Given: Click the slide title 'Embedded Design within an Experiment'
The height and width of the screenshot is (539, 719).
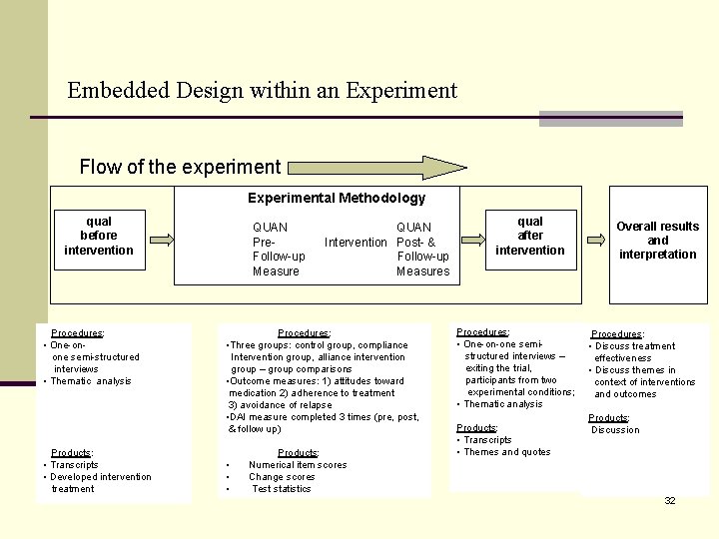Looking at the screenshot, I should pos(262,91).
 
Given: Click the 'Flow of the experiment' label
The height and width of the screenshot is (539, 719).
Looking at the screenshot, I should pos(180,167).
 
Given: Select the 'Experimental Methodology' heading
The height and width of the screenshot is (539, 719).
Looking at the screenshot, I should pos(337,198).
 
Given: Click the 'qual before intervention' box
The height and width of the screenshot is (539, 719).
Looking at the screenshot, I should pos(99,237).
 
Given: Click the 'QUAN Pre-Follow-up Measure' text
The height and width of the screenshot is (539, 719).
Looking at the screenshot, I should pos(279,250).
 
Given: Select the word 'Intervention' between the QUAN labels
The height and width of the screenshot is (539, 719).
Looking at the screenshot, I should pos(356,243).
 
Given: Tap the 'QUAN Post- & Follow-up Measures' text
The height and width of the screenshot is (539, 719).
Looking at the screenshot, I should pos(423,250).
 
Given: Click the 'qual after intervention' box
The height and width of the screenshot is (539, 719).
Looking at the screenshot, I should pos(530,237).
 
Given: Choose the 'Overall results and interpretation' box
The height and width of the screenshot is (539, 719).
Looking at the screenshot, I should pos(657,241).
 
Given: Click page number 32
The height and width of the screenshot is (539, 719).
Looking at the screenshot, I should pos(670,500).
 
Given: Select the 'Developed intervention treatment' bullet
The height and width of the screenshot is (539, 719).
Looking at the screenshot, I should pos(100,482).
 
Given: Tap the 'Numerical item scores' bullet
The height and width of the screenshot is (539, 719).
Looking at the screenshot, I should pos(298,465).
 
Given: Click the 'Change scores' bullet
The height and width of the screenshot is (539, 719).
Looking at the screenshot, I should pos(283,477).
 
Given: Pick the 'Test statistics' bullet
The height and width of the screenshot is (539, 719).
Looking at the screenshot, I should pos(282,489).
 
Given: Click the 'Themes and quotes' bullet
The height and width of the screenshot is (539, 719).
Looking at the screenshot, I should pos(507,452).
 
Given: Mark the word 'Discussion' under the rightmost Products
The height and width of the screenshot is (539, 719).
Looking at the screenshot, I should pos(616,430).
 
